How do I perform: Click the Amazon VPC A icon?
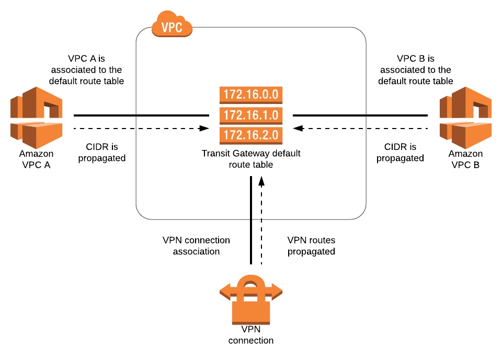click(36, 118)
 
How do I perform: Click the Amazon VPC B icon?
click(465, 118)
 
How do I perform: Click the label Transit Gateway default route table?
click(251, 159)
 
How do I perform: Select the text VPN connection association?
click(196, 246)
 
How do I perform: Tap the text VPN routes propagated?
click(311, 246)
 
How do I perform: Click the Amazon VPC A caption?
click(36, 158)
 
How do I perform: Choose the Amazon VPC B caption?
click(465, 158)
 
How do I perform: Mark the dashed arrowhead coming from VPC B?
click(297, 127)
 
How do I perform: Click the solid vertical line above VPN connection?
click(251, 219)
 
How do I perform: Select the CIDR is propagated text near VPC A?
click(102, 152)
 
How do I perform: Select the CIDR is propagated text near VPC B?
click(400, 152)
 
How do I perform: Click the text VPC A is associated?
click(86, 69)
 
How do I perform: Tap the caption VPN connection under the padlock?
click(250, 335)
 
